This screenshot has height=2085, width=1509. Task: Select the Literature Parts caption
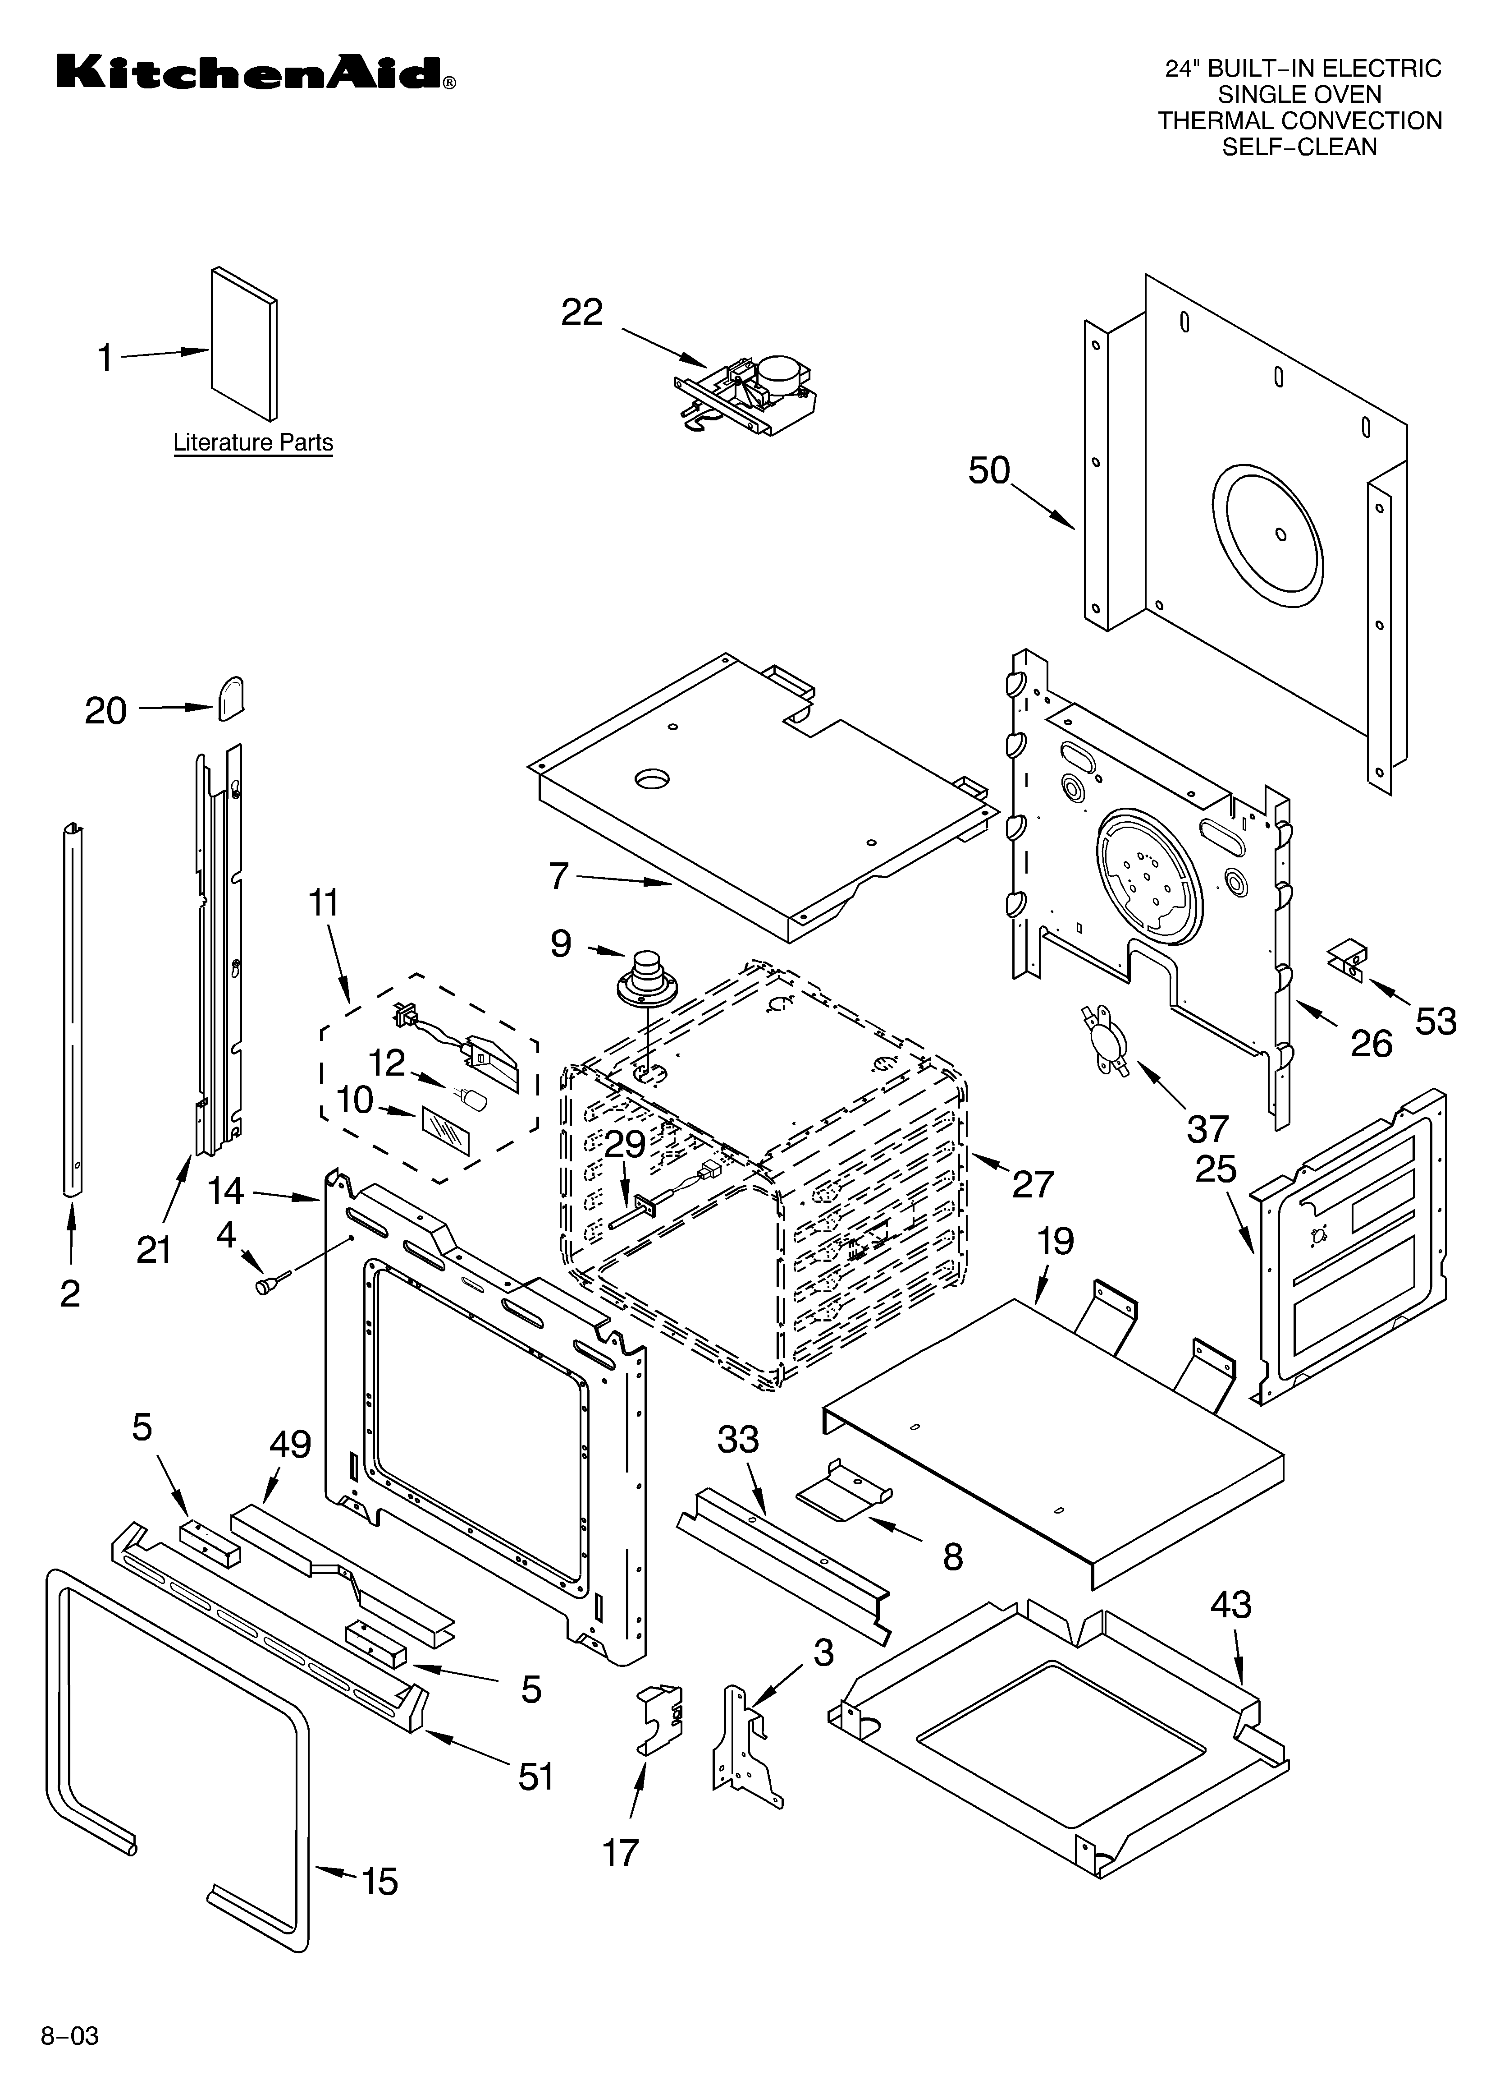(x=253, y=443)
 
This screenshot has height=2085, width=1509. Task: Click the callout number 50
(x=989, y=471)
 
